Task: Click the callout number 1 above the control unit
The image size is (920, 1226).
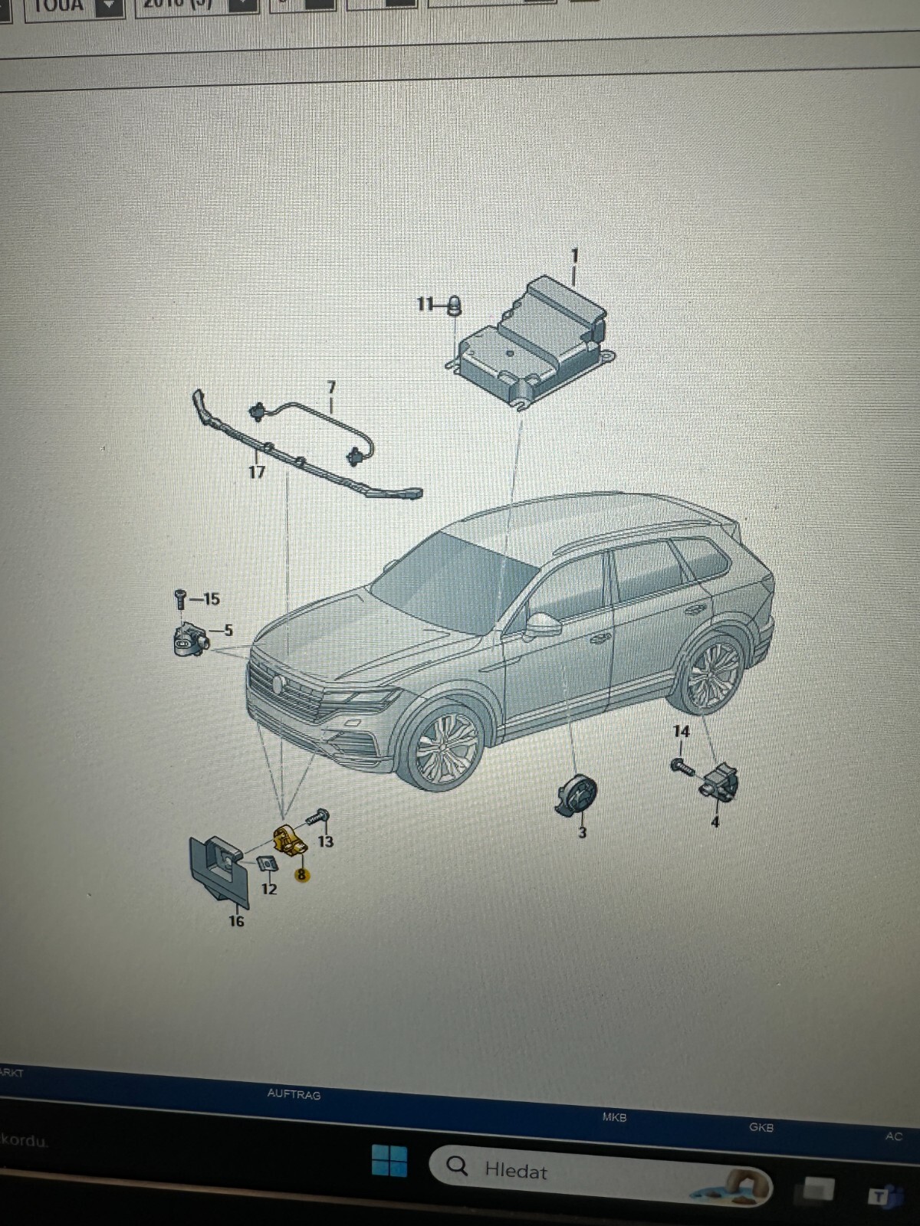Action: pyautogui.click(x=574, y=255)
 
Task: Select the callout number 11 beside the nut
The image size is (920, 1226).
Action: pyautogui.click(x=426, y=304)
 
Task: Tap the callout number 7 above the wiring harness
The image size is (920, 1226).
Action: pyautogui.click(x=331, y=387)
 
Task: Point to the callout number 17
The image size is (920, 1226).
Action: pyautogui.click(x=257, y=473)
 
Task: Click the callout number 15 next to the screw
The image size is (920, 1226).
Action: pyautogui.click(x=211, y=598)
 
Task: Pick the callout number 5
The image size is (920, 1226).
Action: pyautogui.click(x=228, y=631)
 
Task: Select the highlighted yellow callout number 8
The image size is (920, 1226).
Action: pyautogui.click(x=301, y=874)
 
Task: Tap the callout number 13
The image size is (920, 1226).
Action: pyautogui.click(x=326, y=841)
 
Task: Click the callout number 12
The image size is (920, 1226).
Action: pyautogui.click(x=269, y=889)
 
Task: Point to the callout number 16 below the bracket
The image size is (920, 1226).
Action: pyautogui.click(x=236, y=921)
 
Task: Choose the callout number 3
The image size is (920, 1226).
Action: pyautogui.click(x=582, y=832)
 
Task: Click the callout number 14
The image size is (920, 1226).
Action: pyautogui.click(x=681, y=732)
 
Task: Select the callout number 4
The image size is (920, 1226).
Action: pyautogui.click(x=715, y=822)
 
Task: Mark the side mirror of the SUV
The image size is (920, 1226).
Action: pyautogui.click(x=544, y=624)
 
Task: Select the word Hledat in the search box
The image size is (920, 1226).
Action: pyautogui.click(x=516, y=1171)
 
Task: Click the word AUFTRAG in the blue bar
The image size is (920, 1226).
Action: pyautogui.click(x=294, y=1094)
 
